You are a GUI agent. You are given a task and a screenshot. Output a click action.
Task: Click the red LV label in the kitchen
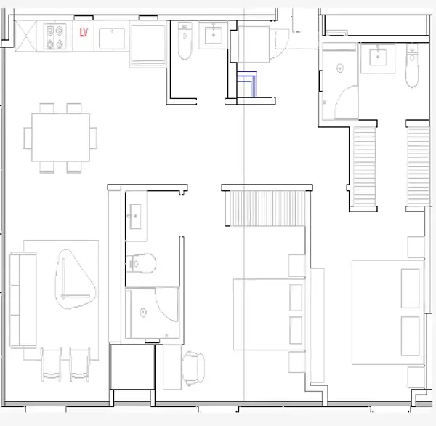84,32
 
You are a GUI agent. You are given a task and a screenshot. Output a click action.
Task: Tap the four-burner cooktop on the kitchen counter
54,36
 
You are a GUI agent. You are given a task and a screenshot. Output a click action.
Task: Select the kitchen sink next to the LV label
112,38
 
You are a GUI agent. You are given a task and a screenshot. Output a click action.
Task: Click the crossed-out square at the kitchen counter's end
25,36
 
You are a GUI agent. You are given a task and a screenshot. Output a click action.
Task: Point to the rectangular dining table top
60,137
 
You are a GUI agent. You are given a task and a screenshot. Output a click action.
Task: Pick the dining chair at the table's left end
28,138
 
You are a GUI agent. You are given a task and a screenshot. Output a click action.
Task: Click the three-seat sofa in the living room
23,300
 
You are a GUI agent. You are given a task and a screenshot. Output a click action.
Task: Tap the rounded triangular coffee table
75,279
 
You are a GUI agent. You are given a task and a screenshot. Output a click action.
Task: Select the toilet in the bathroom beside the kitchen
185,41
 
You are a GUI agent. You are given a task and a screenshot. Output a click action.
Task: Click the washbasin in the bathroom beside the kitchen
214,35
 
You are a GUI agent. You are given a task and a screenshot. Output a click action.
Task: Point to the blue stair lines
247,84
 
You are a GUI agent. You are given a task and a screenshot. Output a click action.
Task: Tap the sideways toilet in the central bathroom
141,263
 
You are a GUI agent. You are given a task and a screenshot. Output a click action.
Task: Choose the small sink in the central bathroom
135,217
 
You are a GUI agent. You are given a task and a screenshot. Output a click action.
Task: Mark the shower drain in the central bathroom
143,313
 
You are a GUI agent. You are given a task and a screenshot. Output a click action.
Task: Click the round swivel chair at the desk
193,368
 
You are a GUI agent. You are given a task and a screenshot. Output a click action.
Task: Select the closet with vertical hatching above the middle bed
265,208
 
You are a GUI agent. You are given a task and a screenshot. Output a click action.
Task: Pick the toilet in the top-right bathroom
412,65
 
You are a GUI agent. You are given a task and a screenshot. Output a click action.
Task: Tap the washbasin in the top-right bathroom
378,57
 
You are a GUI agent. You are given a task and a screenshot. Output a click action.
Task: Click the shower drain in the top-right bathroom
340,68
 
